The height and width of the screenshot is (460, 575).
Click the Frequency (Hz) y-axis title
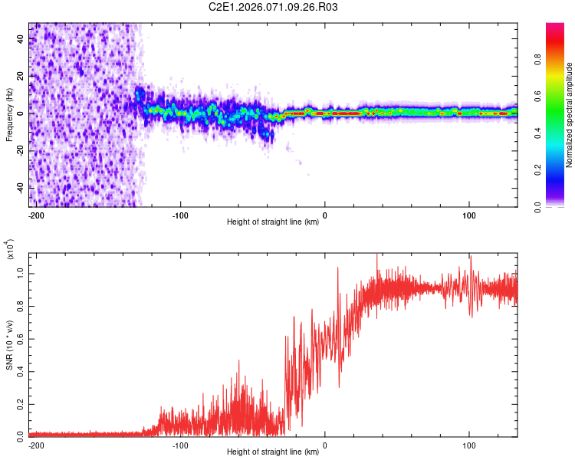click(x=9, y=114)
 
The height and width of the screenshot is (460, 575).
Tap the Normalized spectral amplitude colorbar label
click(x=570, y=114)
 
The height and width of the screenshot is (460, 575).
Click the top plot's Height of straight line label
click(x=274, y=222)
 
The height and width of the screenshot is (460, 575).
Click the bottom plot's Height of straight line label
click(x=274, y=452)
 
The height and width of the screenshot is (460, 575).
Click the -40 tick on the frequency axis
click(x=21, y=188)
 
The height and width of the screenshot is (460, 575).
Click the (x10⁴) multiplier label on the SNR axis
click(x=10, y=251)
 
